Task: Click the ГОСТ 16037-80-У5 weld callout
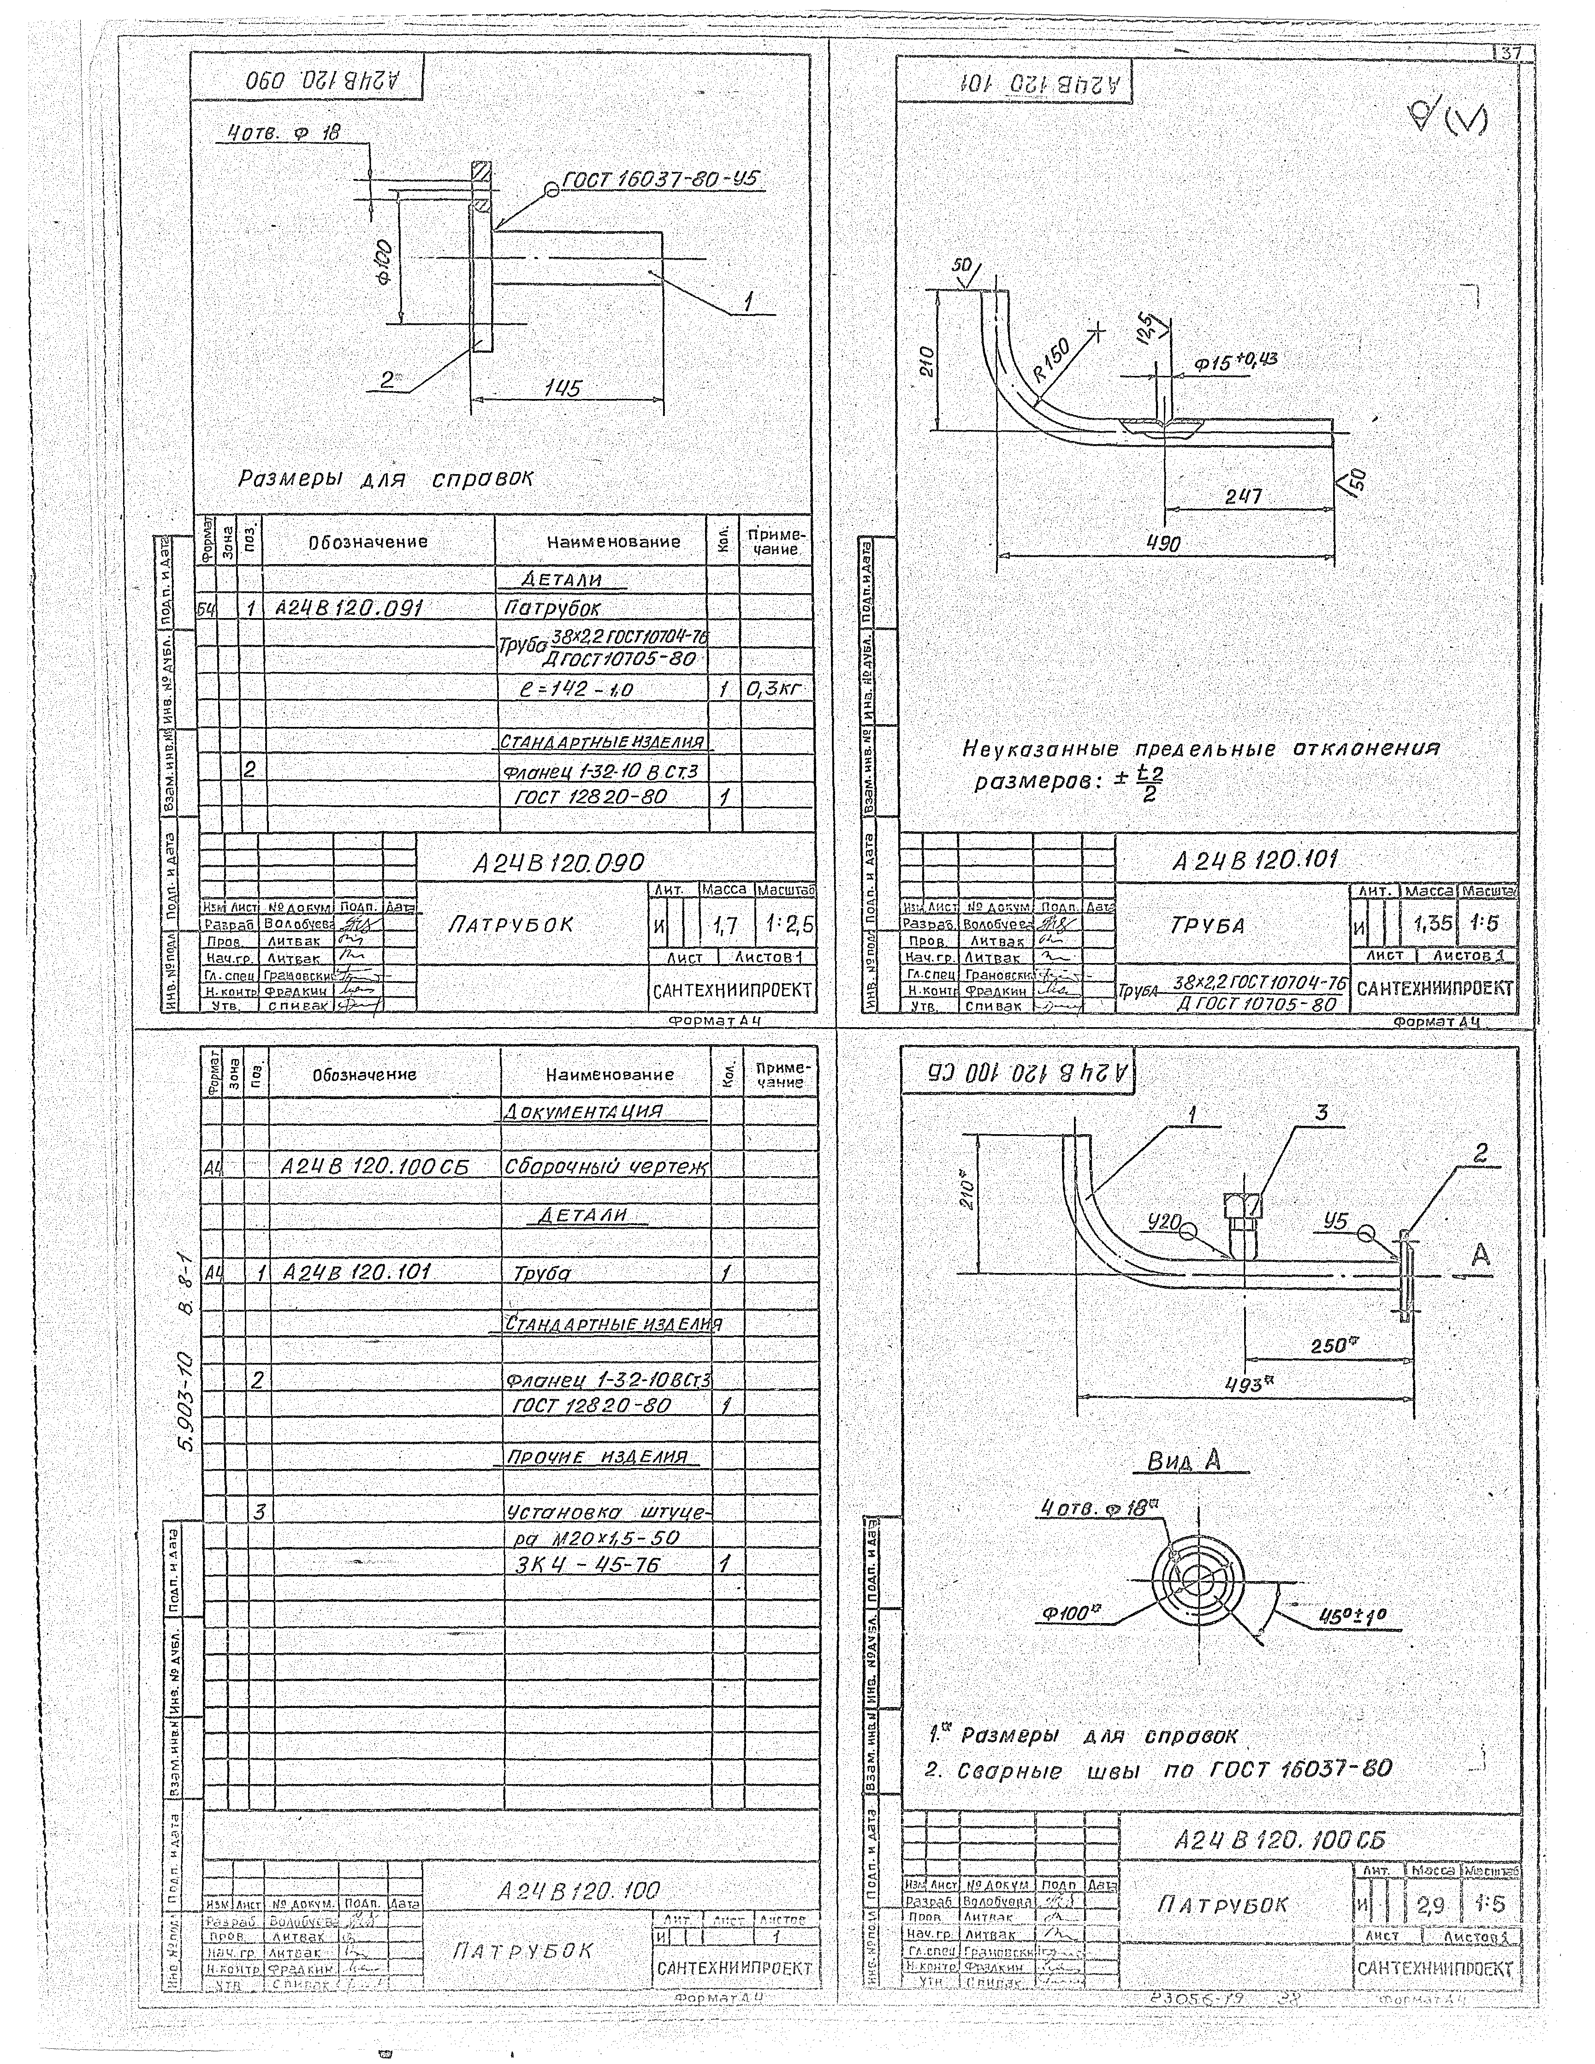[x=661, y=179]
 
